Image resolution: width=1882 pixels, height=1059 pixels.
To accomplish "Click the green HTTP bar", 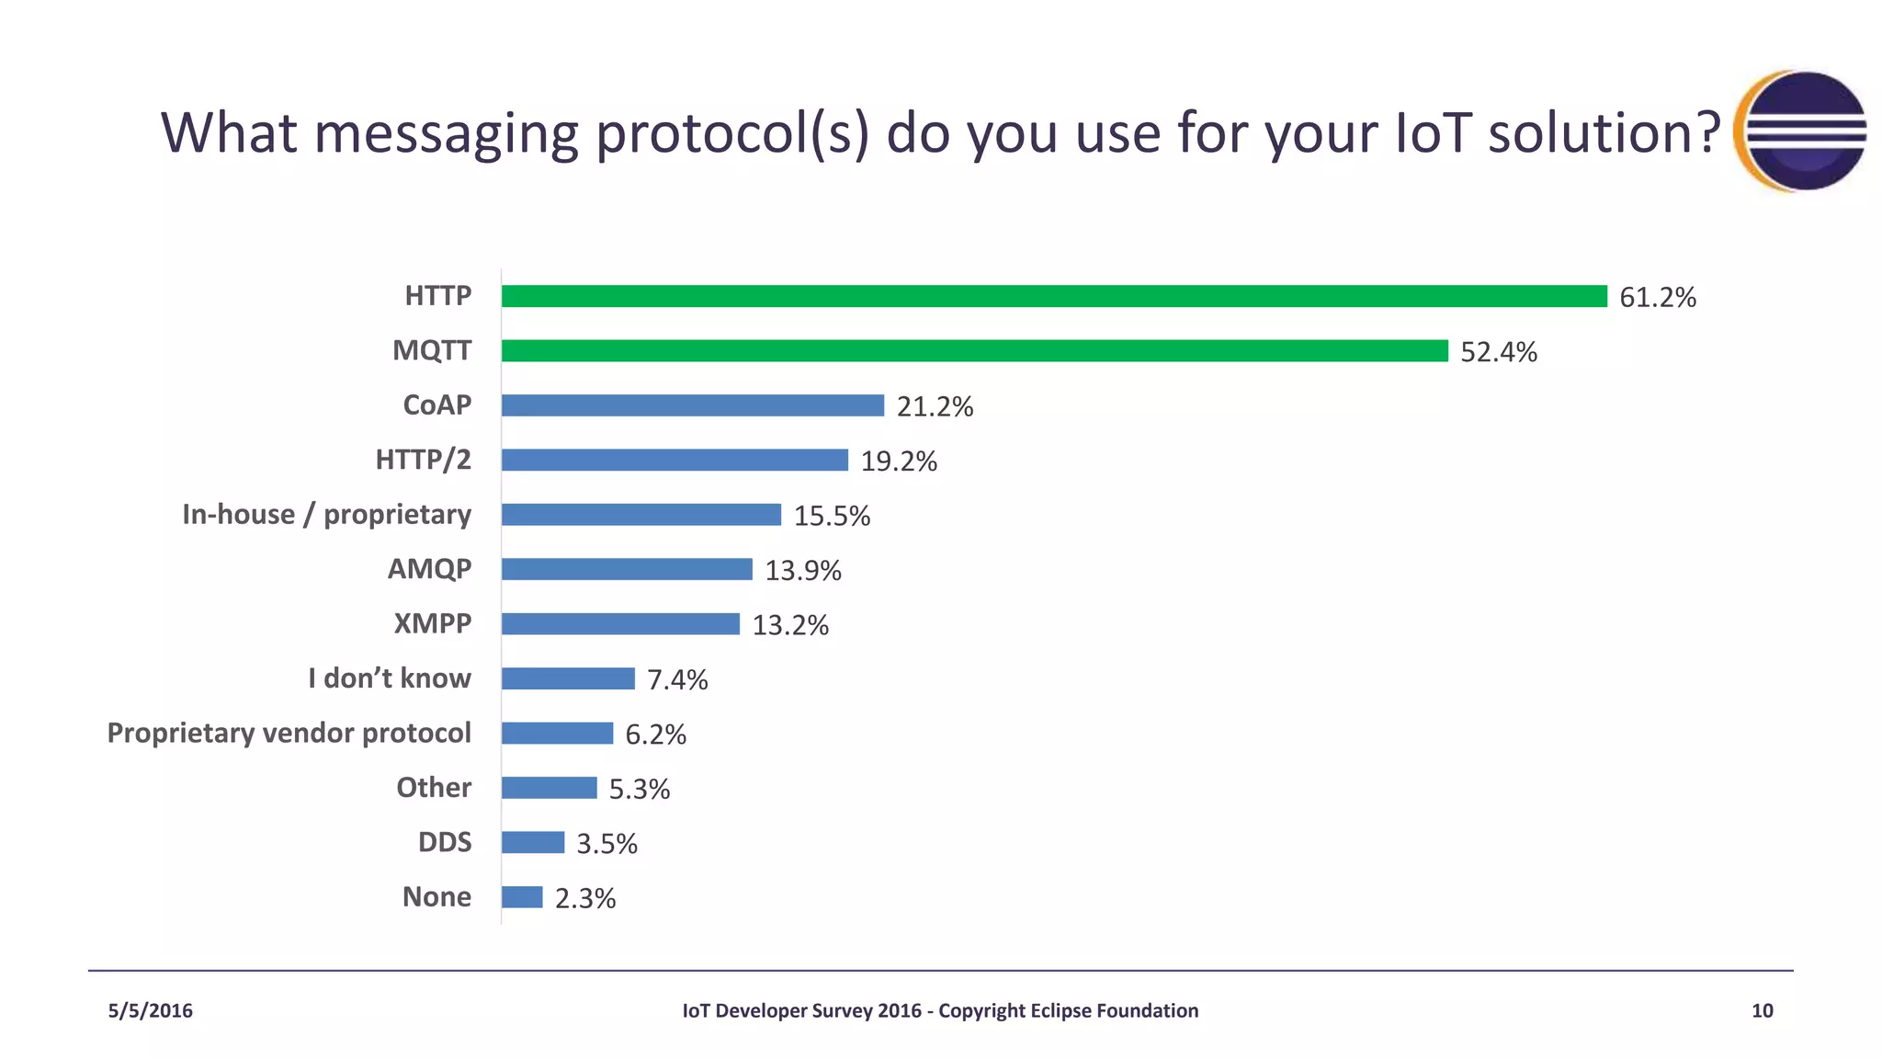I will coord(1054,296).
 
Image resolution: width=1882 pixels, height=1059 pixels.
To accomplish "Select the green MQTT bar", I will coord(974,350).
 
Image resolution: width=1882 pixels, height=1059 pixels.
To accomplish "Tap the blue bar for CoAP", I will coord(693,405).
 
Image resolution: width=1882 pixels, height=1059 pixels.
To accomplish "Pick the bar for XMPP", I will coord(620,624).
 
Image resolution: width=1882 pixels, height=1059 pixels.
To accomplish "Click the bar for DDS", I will coord(533,842).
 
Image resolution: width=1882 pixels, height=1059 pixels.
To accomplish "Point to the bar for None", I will coord(522,897).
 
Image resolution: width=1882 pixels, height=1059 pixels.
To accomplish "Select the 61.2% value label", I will coord(1657,297).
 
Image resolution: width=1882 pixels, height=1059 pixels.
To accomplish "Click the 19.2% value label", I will coord(899,461).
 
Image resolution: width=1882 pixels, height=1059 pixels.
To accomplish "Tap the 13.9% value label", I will coord(803,570).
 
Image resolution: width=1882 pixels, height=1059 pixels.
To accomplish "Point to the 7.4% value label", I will coord(677,679).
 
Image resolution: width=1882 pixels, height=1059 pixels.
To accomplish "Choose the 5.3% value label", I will coord(640,789).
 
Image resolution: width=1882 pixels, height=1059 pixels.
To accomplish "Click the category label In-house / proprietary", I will coord(326,514).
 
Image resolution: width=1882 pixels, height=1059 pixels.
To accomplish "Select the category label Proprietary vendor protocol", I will coord(289,733).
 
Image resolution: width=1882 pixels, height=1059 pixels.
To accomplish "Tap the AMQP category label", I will coord(429,569).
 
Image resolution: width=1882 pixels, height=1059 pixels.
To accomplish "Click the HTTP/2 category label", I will coord(423,460).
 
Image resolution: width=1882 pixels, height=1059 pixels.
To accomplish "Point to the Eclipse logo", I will coord(1801,131).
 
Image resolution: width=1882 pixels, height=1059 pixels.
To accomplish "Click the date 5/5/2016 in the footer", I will coord(151,1011).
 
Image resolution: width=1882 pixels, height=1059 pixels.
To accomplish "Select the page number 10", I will coord(1762,1011).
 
